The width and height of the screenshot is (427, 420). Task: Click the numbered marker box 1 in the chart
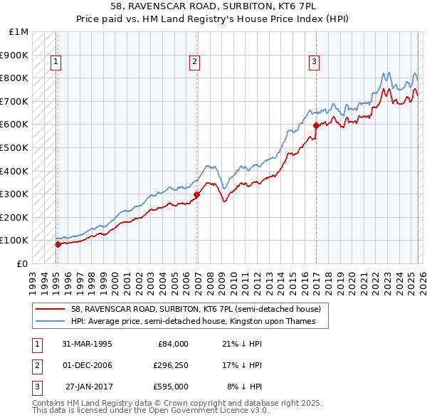click(x=56, y=63)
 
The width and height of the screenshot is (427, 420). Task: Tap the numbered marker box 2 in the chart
click(x=194, y=63)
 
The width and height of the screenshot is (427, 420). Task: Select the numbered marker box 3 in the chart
click(x=314, y=63)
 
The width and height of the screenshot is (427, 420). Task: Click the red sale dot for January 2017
click(x=315, y=125)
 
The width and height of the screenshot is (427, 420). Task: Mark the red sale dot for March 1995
click(x=58, y=243)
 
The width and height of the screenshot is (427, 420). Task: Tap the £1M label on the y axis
click(x=19, y=32)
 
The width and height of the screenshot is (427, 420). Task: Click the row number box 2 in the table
click(x=36, y=365)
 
